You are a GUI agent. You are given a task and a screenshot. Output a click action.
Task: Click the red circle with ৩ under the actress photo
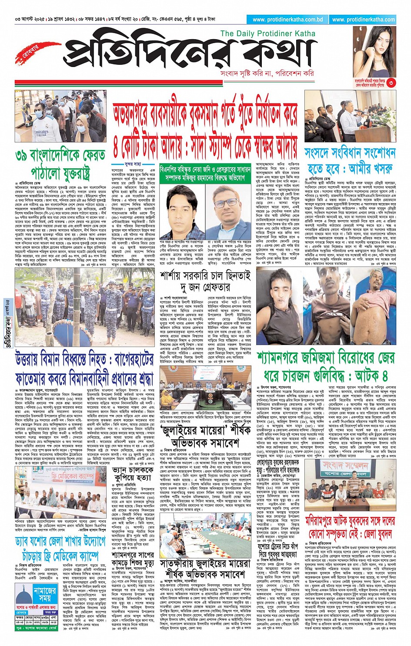point(391,83)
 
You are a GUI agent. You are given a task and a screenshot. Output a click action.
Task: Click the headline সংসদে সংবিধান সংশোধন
point(350,153)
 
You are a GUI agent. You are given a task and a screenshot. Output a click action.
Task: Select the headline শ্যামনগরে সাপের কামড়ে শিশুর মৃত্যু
point(132,559)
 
